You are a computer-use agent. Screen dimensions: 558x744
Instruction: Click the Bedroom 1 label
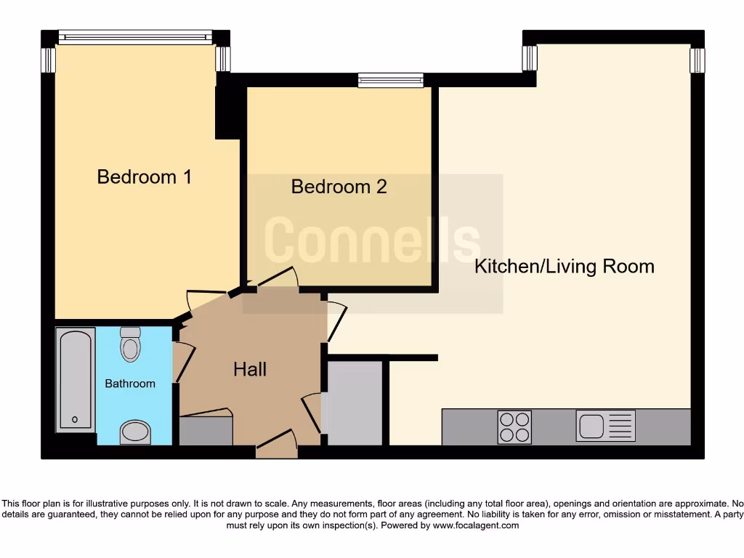pyautogui.click(x=145, y=177)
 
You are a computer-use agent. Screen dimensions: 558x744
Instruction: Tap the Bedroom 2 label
pyautogui.click(x=339, y=187)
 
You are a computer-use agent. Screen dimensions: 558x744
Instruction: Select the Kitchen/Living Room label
pyautogui.click(x=564, y=267)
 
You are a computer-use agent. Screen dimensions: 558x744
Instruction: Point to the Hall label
pyautogui.click(x=250, y=369)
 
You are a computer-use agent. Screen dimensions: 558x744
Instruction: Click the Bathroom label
pyautogui.click(x=130, y=384)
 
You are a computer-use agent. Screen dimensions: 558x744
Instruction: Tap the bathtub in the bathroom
pyautogui.click(x=76, y=379)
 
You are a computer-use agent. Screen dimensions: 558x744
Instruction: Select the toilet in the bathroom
pyautogui.click(x=130, y=344)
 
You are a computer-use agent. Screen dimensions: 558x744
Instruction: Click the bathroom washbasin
pyautogui.click(x=134, y=432)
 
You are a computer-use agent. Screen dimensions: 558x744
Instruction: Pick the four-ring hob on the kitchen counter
pyautogui.click(x=514, y=426)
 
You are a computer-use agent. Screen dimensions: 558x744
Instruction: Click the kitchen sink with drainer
pyautogui.click(x=605, y=426)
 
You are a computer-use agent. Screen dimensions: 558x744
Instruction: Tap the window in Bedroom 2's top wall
pyautogui.click(x=390, y=80)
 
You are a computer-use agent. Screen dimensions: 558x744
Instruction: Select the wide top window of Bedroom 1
pyautogui.click(x=135, y=37)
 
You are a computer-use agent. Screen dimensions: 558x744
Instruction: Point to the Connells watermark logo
pyautogui.click(x=372, y=240)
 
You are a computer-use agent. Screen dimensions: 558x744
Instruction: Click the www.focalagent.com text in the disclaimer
pyautogui.click(x=476, y=525)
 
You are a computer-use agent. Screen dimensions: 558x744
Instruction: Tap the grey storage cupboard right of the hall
pyautogui.click(x=354, y=403)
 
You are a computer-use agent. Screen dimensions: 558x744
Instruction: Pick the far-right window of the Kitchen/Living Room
pyautogui.click(x=697, y=60)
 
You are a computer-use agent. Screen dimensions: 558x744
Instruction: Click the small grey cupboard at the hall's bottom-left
pyautogui.click(x=206, y=431)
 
